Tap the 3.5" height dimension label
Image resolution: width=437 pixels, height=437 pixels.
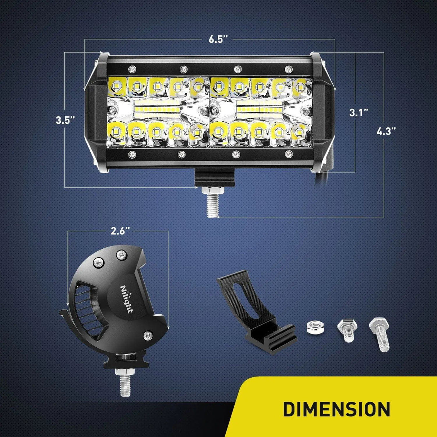click(65, 120)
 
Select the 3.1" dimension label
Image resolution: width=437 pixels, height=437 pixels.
click(359, 113)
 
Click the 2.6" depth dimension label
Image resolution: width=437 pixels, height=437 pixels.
click(118, 231)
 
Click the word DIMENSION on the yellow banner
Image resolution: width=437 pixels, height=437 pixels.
click(337, 409)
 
